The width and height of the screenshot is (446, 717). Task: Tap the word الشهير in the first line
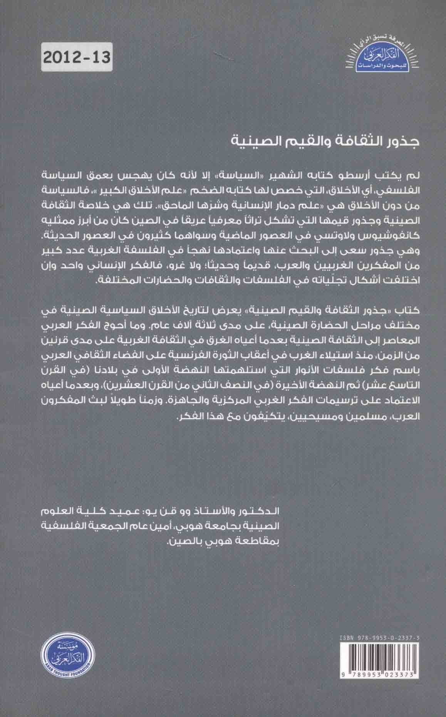click(x=246, y=175)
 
